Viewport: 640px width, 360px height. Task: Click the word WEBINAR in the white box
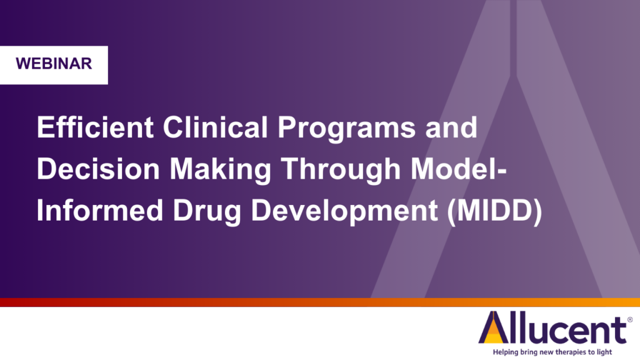tap(54, 64)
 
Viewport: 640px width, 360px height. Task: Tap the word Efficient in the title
tap(95, 127)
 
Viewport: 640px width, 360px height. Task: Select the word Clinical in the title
tap(216, 127)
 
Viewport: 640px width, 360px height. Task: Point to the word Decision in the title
tap(98, 169)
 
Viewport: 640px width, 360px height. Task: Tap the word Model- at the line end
tap(458, 169)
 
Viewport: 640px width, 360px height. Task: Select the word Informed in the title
tap(100, 210)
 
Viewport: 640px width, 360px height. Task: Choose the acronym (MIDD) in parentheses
tap(495, 211)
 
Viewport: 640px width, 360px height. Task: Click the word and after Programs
tap(451, 127)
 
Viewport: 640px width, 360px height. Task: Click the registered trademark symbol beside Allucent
tap(630, 320)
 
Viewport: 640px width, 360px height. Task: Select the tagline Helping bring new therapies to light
tap(552, 352)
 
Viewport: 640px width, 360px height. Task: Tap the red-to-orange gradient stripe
tap(320, 302)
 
